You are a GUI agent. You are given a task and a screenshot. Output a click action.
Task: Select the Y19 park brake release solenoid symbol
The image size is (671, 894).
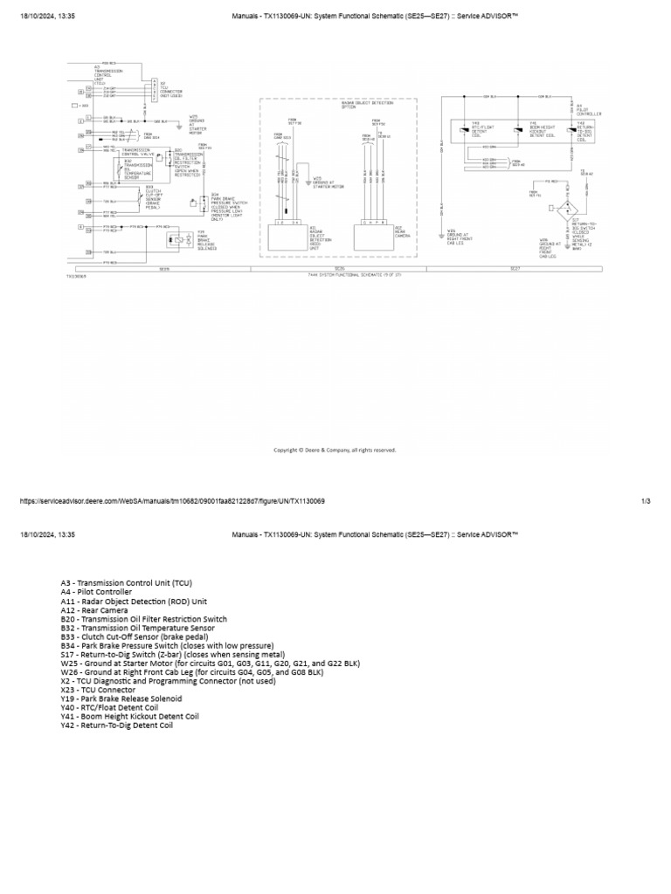(178, 237)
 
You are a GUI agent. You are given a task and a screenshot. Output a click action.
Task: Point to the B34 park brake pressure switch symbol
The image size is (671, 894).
(204, 203)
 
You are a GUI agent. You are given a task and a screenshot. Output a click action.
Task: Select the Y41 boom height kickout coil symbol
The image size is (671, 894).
(520, 128)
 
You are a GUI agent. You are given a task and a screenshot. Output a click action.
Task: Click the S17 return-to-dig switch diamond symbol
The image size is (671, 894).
(568, 210)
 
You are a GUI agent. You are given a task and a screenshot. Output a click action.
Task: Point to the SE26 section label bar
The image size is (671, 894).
(340, 269)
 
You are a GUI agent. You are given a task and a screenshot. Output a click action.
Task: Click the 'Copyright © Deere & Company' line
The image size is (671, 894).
(335, 450)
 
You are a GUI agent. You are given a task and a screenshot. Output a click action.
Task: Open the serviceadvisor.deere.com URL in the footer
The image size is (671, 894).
(172, 501)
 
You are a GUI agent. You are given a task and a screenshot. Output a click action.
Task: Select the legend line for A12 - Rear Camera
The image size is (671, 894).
(94, 610)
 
